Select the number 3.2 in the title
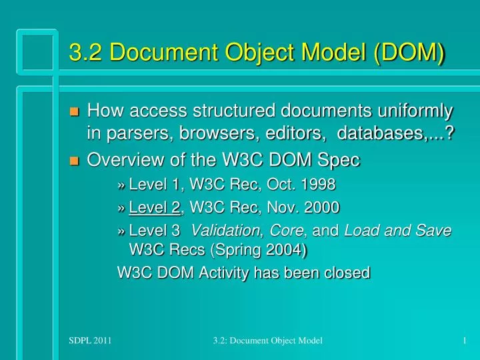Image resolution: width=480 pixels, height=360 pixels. click(85, 51)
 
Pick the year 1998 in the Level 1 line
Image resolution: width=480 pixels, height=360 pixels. click(317, 184)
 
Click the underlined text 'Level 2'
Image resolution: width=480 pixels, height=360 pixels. click(155, 207)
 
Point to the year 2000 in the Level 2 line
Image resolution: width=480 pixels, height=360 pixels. click(321, 207)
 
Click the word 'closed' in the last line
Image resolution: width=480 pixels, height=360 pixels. click(347, 273)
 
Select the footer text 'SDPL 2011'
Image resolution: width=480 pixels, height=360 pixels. click(90, 341)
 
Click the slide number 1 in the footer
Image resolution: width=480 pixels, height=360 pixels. click(463, 341)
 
